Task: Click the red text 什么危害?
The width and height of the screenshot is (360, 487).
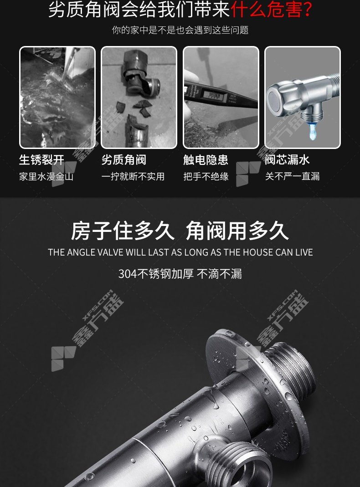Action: point(271,9)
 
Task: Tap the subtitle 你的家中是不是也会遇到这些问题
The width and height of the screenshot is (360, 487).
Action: point(180,30)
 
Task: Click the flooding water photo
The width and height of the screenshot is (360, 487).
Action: point(57,97)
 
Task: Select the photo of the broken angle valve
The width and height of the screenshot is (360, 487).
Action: point(139,97)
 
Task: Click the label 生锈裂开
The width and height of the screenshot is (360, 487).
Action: point(41,160)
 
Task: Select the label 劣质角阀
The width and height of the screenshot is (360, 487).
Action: point(123,160)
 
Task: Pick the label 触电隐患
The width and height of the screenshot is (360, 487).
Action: point(206,160)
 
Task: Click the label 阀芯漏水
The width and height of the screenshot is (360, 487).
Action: point(288,160)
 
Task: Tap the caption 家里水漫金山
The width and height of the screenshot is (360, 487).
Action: point(46,177)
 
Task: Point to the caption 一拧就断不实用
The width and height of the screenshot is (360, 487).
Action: point(133,177)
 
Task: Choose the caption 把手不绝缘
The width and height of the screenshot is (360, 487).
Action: point(206,177)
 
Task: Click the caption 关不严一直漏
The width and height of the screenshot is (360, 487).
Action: point(292,177)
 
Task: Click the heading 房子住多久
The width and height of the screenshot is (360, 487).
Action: point(123,231)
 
